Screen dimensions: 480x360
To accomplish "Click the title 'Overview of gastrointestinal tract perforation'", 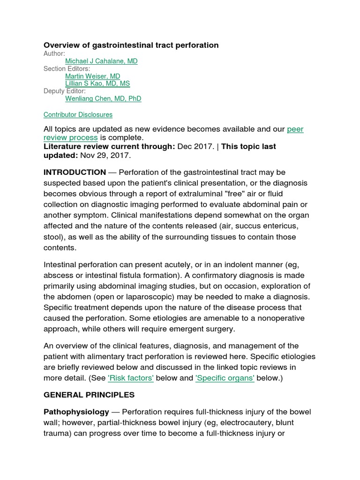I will click(131, 45).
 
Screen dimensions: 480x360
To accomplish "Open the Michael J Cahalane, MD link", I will click(101, 61).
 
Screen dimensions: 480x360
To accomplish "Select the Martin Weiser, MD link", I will click(92, 76).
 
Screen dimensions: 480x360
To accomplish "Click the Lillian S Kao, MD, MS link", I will click(97, 83).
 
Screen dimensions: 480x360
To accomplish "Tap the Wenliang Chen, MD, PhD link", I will click(103, 98).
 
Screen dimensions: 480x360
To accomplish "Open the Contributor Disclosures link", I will click(78, 114).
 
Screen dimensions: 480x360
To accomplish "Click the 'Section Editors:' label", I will click(67, 68).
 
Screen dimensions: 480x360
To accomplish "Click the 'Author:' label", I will click(54, 53).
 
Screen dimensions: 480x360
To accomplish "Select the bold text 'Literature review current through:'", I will click(109, 146).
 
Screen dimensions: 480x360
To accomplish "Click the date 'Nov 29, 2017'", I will click(105, 155).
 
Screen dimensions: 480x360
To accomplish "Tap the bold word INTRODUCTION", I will click(75, 172).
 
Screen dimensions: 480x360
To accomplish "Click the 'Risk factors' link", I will click(130, 378).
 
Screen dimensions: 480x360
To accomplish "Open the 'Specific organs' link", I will click(225, 378).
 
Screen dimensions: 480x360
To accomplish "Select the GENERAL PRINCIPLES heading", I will click(89, 395).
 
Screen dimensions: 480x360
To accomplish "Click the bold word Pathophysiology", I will click(76, 412).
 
